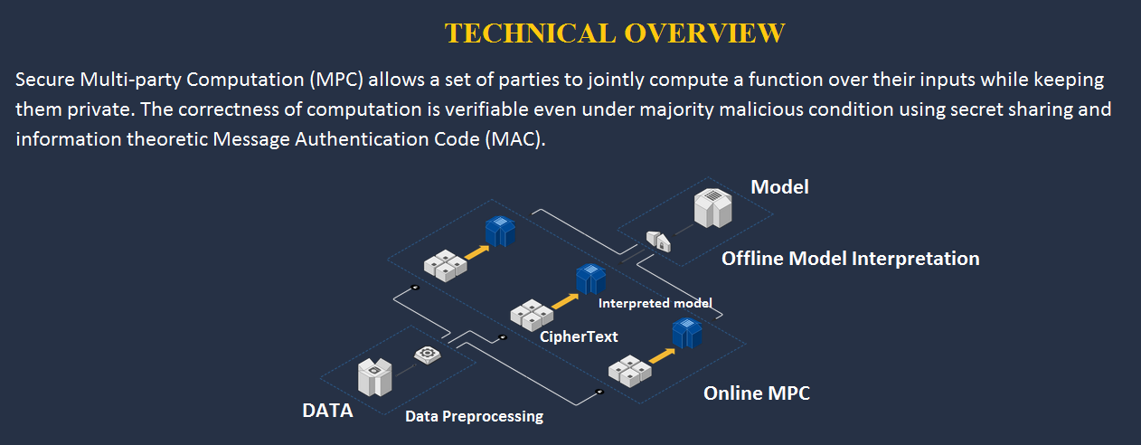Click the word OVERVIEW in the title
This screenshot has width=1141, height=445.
(704, 33)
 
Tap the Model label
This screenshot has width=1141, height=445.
(780, 187)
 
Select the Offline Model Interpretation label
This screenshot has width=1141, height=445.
(851, 259)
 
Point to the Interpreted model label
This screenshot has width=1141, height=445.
(655, 303)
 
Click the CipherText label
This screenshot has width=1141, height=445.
(579, 336)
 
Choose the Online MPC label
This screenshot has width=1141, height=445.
(757, 393)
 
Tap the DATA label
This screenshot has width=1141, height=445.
(327, 411)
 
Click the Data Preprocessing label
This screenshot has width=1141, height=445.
(475, 416)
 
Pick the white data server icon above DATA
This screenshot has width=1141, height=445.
(375, 377)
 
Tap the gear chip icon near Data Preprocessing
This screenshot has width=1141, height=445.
(428, 355)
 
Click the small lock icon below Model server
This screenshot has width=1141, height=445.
(658, 241)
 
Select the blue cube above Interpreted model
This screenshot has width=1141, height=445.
(591, 279)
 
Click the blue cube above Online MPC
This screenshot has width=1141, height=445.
(687, 333)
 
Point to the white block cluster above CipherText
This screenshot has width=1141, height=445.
(532, 315)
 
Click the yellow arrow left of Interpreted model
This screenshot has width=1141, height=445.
(565, 301)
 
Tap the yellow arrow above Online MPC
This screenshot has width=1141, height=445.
(662, 355)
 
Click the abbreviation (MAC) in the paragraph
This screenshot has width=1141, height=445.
(515, 139)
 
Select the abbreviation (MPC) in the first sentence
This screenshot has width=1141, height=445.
(336, 80)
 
